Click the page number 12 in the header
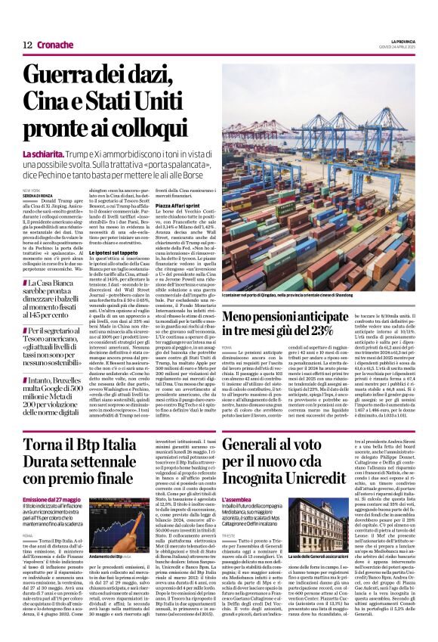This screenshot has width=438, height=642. click(26, 46)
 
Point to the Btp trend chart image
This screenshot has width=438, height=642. click(120, 526)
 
